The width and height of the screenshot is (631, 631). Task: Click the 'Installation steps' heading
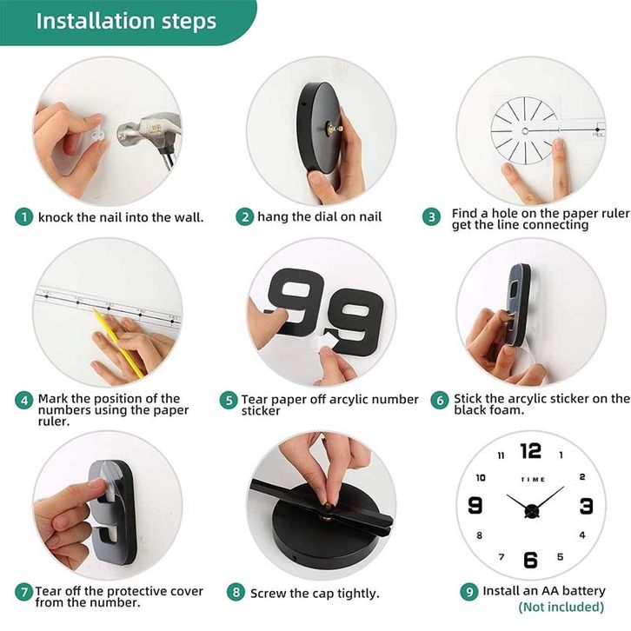[126, 21]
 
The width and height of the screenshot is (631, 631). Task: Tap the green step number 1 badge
[23, 217]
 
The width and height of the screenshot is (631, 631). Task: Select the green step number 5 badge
[229, 400]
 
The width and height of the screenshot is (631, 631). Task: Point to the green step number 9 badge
[469, 592]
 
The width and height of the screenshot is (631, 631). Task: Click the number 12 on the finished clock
[531, 451]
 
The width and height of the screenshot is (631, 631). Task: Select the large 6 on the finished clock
[530, 560]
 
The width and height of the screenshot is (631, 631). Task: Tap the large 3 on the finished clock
[587, 506]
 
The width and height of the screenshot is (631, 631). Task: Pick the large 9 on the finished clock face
[475, 505]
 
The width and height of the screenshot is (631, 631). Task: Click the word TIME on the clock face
[533, 479]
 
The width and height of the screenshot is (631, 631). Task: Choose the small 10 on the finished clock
[481, 478]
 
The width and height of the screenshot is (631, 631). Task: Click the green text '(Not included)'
[561, 607]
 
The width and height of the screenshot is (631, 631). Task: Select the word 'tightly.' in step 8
[358, 594]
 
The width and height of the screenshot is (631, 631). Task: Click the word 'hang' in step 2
[273, 217]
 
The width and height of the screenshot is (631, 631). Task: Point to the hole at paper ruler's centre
[525, 130]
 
